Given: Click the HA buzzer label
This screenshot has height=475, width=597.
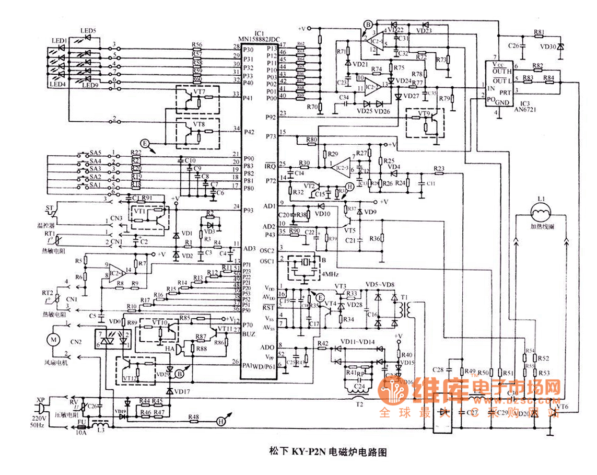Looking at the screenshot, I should (x=170, y=348).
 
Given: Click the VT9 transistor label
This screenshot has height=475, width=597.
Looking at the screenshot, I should (x=424, y=113).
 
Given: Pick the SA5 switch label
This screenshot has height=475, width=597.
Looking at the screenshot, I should (x=95, y=153).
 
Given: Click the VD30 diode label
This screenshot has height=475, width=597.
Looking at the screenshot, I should (x=548, y=47).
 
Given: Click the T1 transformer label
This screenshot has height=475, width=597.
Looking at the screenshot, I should (x=404, y=297).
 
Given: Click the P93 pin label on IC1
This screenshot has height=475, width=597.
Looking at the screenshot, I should (x=249, y=210).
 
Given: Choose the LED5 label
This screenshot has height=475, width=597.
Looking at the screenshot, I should (x=88, y=31).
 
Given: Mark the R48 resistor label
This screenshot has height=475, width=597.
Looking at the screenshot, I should (x=194, y=417).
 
